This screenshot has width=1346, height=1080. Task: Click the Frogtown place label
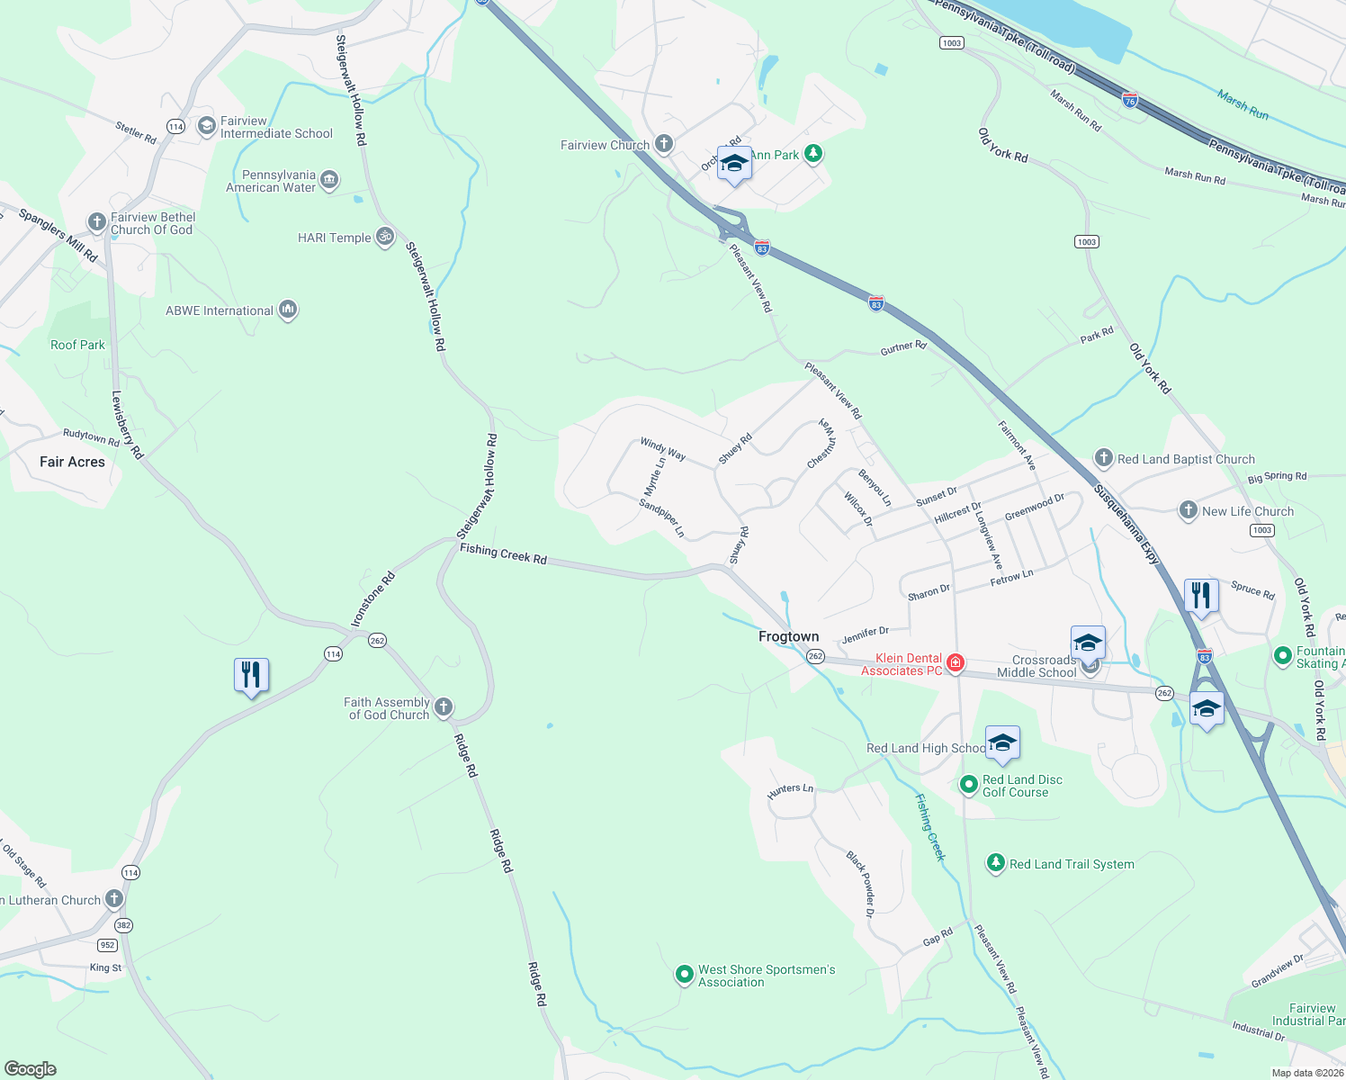pyautogui.click(x=788, y=636)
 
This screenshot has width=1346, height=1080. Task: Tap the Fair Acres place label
pyautogui.click(x=72, y=462)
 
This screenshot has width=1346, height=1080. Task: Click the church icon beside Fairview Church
pyautogui.click(x=664, y=144)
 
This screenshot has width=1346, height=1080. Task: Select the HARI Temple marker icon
pyautogui.click(x=385, y=237)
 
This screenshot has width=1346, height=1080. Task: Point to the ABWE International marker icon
pyautogui.click(x=288, y=310)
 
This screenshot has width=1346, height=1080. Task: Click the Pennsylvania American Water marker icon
pyautogui.click(x=329, y=180)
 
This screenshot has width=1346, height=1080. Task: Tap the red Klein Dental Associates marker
pyautogui.click(x=956, y=664)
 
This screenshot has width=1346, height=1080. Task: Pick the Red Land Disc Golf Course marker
pyautogui.click(x=968, y=785)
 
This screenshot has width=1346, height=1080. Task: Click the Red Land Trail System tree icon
pyautogui.click(x=995, y=863)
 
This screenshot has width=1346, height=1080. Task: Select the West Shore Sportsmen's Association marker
pyautogui.click(x=684, y=975)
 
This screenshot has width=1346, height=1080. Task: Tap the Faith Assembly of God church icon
pyautogui.click(x=444, y=707)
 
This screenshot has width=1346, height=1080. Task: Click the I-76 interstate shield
pyautogui.click(x=1130, y=100)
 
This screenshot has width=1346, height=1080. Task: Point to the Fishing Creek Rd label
pyautogui.click(x=503, y=553)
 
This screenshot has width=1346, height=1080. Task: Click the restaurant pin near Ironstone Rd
pyautogui.click(x=251, y=675)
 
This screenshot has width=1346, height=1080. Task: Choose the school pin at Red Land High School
pyautogui.click(x=1002, y=744)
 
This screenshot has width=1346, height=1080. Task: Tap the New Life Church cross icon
pyautogui.click(x=1189, y=511)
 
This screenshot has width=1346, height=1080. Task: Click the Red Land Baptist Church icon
pyautogui.click(x=1103, y=458)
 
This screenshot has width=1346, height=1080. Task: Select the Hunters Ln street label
pyautogui.click(x=790, y=791)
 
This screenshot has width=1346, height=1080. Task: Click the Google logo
pyautogui.click(x=30, y=1069)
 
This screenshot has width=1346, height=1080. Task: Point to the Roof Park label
pyautogui.click(x=77, y=345)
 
